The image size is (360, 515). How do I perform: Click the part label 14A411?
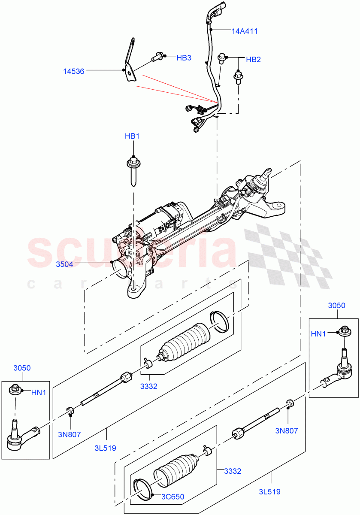point(245,31)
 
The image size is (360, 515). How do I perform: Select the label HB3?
point(184,58)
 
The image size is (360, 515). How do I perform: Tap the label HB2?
point(253,60)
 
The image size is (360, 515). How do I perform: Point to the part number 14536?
point(73,71)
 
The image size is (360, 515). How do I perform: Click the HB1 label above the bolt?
point(132,136)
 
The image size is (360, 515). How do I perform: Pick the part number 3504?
point(64,264)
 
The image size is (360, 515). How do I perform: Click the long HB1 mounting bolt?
point(133,172)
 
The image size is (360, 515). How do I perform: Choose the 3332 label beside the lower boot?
point(232,471)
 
